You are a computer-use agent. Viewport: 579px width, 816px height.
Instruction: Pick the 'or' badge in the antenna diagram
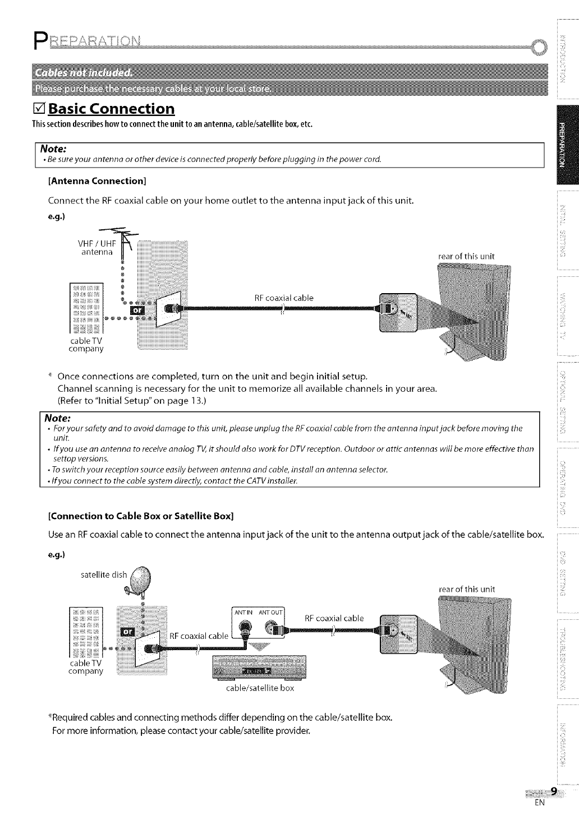[137, 310]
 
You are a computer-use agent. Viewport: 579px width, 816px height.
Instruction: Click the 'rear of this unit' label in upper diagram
[466, 257]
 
